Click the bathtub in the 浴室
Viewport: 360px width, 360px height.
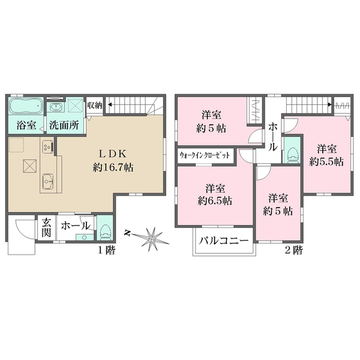26,107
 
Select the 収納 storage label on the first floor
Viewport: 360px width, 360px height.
94,105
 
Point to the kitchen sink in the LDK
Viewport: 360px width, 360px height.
48,182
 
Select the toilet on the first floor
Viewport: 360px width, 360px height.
104,229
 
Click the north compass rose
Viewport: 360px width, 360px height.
152,239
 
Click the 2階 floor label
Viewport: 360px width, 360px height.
293,248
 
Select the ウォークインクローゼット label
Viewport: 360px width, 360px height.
205,155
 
